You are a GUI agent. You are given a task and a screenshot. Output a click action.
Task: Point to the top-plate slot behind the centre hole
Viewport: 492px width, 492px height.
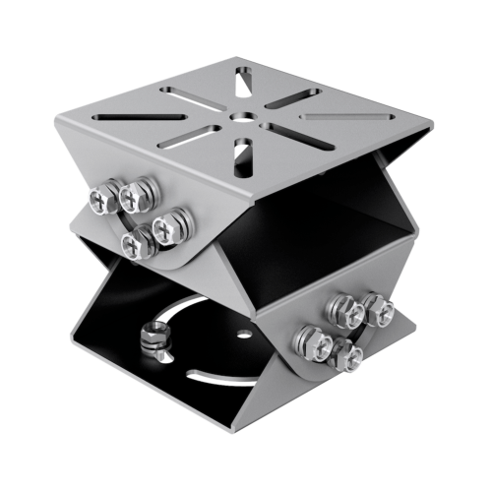click(242, 83)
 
